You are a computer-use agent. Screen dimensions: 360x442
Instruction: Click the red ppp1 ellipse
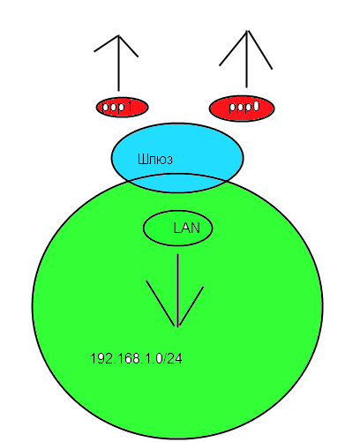(x=122, y=107)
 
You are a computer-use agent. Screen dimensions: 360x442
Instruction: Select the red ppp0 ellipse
(x=242, y=108)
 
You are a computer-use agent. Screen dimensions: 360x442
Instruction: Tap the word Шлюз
(x=155, y=159)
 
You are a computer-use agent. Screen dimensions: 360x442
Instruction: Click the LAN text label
(x=186, y=228)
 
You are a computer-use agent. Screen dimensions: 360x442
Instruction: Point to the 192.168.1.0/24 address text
(x=136, y=358)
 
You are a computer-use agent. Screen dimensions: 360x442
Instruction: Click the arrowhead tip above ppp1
(x=118, y=35)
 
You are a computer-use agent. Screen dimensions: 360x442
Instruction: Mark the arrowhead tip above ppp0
(x=247, y=30)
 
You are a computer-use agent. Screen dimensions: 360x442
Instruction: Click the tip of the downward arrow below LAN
(x=178, y=326)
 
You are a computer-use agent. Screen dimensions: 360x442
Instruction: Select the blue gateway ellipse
(x=177, y=158)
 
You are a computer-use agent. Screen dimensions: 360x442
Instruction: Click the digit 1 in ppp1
(x=128, y=106)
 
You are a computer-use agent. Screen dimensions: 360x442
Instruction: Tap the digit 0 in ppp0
(x=255, y=107)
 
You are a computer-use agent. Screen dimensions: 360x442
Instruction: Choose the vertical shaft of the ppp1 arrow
(x=118, y=64)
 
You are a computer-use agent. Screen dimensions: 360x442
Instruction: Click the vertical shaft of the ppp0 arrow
(x=247, y=59)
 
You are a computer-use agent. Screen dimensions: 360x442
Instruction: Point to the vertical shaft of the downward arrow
(x=178, y=290)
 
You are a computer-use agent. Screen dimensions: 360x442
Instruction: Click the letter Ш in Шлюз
(x=142, y=159)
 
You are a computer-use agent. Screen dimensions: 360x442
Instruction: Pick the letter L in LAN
(x=176, y=228)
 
